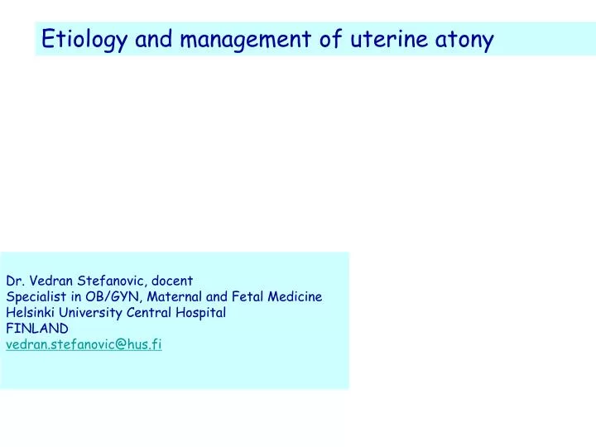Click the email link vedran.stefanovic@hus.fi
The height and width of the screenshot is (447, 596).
pos(84,344)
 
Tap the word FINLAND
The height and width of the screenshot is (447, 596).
pos(37,329)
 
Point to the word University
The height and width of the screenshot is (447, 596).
pos(90,313)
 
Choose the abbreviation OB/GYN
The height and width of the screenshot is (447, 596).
pos(99,297)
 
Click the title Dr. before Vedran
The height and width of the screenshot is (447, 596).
pos(15,281)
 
